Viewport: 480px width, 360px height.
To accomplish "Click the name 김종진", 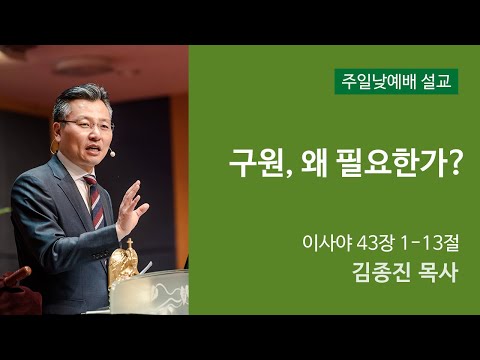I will click(378, 272).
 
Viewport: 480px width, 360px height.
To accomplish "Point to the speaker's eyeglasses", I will click(84, 124).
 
